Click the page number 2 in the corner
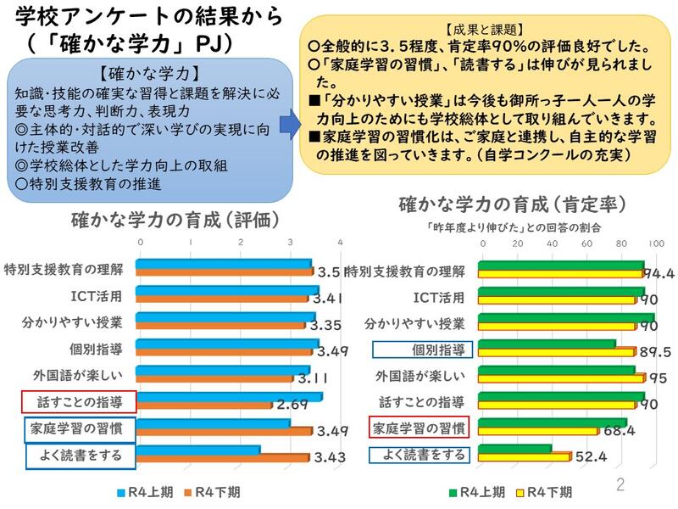[x=620, y=485]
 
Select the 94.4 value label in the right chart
[x=658, y=272]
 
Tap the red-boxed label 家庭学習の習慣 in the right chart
[x=420, y=428]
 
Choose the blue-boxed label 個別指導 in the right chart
[x=420, y=349]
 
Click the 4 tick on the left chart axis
[x=338, y=243]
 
